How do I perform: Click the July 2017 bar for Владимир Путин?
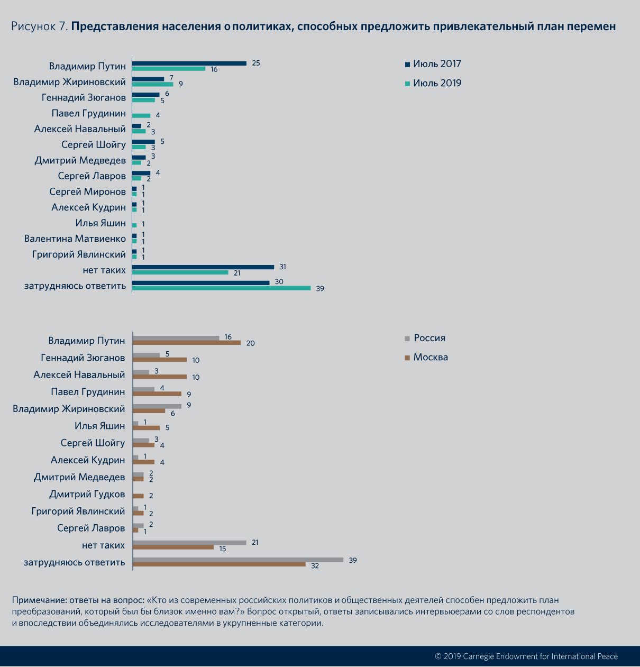pos(189,63)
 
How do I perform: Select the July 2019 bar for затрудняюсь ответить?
pos(221,288)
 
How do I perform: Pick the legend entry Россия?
pos(425,338)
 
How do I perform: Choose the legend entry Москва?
pos(426,357)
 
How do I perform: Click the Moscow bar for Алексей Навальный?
pos(160,377)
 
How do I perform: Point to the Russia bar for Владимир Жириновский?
pos(157,406)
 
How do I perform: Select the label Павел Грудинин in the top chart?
pos(89,113)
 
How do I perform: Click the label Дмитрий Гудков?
pos(87,494)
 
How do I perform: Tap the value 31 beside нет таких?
pos(282,267)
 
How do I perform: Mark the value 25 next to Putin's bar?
pos(256,63)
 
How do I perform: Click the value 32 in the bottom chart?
pos(315,565)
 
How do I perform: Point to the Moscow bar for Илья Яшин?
pos(147,427)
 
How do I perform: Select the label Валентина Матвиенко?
pos(75,239)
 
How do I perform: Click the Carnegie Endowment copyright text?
pos(526,656)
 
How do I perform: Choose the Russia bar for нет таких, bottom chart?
pos(189,542)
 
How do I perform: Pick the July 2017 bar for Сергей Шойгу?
pos(143,142)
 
